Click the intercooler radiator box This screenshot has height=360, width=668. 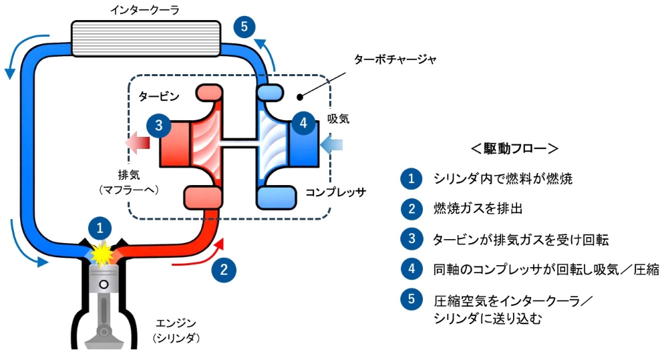tap(146, 39)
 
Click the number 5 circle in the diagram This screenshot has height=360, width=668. tap(244, 27)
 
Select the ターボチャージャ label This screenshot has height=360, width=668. tap(395, 59)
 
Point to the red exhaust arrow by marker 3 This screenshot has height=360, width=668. tap(138, 142)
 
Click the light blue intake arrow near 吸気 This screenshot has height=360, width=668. tap(331, 144)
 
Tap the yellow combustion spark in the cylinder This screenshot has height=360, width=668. tap(102, 254)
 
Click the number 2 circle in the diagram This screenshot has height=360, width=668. tap(223, 270)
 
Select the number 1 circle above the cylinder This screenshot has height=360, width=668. tap(100, 228)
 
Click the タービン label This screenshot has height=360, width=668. tap(159, 96)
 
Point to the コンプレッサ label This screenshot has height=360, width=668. tap(336, 192)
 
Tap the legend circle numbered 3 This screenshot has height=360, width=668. tap(411, 238)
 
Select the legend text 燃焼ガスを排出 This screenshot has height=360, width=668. tap(478, 208)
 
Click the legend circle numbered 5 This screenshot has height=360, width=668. tap(411, 299)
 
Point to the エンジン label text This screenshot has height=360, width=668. tap(176, 323)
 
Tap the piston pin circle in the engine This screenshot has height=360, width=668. tap(103, 284)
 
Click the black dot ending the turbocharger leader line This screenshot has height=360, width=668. tap(300, 97)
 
